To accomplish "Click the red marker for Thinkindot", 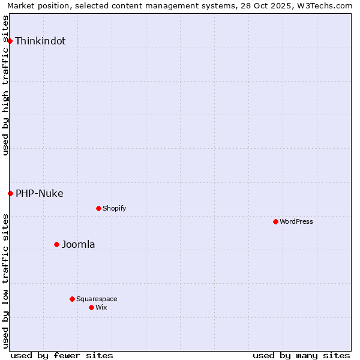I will pyautogui.click(x=10, y=41).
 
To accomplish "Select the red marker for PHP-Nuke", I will pyautogui.click(x=10, y=193).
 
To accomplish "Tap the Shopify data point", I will pyautogui.click(x=98, y=208).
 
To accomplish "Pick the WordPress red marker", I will pyautogui.click(x=275, y=221).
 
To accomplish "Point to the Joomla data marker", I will pyautogui.click(x=56, y=244).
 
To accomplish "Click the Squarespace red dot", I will pyautogui.click(x=72, y=299).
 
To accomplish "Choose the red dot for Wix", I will pyautogui.click(x=91, y=307).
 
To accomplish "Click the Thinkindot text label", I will pyautogui.click(x=40, y=41).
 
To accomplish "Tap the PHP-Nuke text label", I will pyautogui.click(x=40, y=193).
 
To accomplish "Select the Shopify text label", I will pyautogui.click(x=115, y=208).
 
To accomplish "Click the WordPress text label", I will pyautogui.click(x=296, y=221).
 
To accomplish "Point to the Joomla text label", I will pyautogui.click(x=79, y=244).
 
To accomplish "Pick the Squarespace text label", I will pyautogui.click(x=97, y=299).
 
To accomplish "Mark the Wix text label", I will pyautogui.click(x=101, y=307).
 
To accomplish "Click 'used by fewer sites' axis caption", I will pyautogui.click(x=62, y=355).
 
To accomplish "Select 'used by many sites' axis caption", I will pyautogui.click(x=301, y=355).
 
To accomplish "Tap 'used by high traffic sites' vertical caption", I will pyautogui.click(x=6, y=85).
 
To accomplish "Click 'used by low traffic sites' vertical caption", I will pyautogui.click(x=6, y=280).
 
